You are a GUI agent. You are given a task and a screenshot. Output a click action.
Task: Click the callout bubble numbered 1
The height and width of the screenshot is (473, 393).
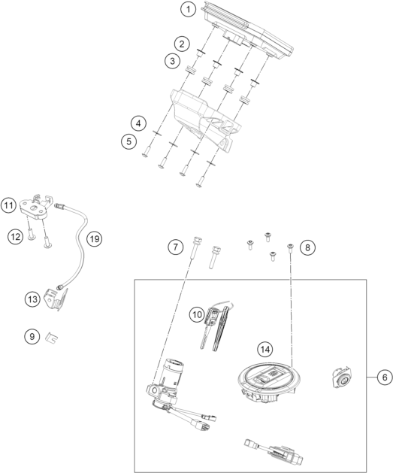pos(188,9)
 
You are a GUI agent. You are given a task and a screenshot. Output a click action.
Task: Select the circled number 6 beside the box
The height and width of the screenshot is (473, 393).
pos(385,377)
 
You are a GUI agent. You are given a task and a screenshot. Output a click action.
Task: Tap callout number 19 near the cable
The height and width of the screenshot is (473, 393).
pos(95,239)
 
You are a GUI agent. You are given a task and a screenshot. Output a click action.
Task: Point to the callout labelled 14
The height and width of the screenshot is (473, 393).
pos(265,350)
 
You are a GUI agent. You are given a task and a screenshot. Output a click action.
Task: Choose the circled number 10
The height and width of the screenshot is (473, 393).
pos(197,315)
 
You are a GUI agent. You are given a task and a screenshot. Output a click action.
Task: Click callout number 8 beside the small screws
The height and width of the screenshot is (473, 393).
pos(307,247)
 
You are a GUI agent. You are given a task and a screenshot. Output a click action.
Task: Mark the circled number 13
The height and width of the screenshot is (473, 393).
pos(32,299)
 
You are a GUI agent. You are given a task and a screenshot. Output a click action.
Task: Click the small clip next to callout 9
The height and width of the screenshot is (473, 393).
pos(52,338)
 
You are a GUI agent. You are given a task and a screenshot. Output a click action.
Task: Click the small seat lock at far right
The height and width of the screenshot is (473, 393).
pos(341,377)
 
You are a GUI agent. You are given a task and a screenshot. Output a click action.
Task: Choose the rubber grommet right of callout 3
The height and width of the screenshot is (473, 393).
pos(190,70)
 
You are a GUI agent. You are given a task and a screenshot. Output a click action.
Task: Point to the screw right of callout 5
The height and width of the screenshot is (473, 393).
pos(146,151)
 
